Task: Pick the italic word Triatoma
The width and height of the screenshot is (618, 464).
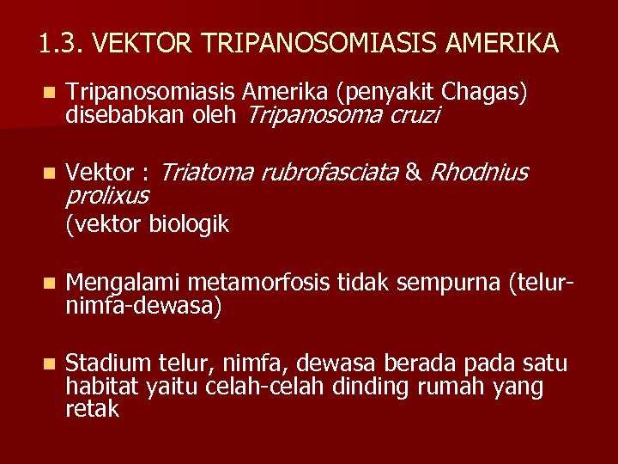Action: click(207, 173)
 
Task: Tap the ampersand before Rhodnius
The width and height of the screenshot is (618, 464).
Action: click(414, 173)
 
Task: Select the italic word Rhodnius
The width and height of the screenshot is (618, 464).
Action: click(478, 173)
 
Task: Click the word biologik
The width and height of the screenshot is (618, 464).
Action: click(189, 224)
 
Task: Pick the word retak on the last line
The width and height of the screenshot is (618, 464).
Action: click(92, 409)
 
